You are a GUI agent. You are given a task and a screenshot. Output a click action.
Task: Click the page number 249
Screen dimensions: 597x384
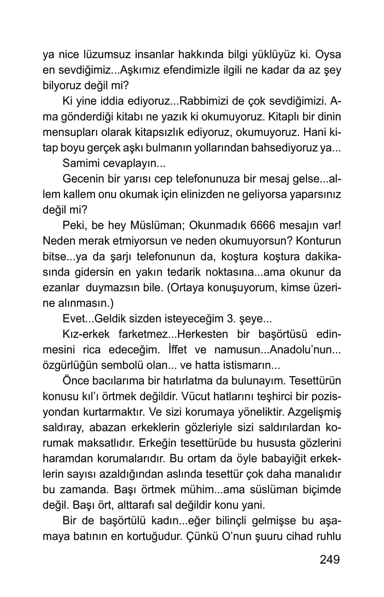[329, 559]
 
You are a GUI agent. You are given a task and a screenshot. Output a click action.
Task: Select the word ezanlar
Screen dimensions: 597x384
[61, 288]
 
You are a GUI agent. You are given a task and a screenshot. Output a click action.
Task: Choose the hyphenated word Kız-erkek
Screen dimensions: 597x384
[86, 334]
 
